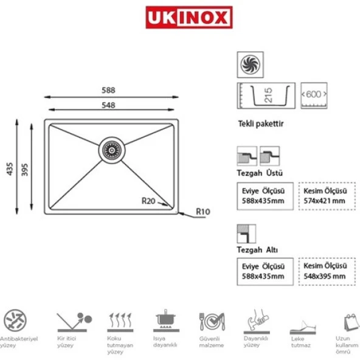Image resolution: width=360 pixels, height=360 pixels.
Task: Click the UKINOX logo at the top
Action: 189,18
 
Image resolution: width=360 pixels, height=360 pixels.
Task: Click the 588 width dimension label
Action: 108,90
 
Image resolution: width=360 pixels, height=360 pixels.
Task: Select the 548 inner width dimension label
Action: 108,105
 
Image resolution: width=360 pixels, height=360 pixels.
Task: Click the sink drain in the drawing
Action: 112,148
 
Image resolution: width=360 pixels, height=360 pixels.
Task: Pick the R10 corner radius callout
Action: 202,212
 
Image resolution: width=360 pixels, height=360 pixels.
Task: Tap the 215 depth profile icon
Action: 265,95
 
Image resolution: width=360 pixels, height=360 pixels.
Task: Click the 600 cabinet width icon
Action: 314,95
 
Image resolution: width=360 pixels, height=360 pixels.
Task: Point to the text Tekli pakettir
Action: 261,123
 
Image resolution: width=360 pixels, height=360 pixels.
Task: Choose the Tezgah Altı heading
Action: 256,249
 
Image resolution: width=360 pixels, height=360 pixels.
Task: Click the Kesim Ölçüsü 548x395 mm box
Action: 325,271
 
